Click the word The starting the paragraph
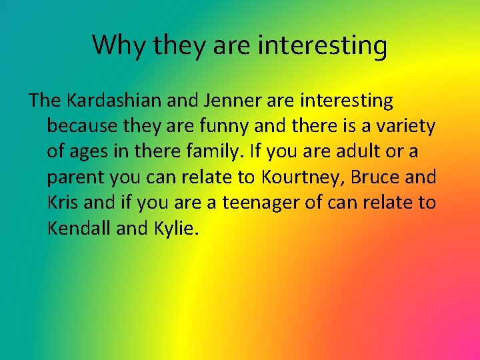pyautogui.click(x=45, y=101)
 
